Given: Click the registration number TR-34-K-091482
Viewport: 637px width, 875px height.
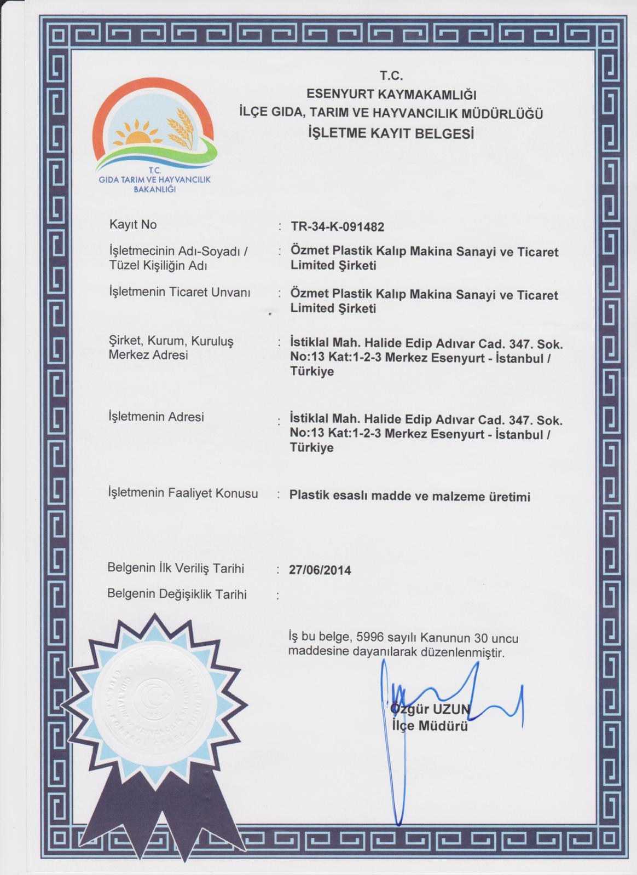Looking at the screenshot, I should (337, 226).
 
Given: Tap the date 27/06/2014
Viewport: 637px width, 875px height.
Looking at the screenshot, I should (320, 570).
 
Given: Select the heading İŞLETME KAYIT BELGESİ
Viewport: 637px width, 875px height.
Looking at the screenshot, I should (391, 133).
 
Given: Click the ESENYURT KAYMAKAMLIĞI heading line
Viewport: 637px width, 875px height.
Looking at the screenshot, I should (391, 95).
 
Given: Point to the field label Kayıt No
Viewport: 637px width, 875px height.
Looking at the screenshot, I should (133, 224).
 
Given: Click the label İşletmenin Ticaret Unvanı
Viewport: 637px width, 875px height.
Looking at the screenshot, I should (180, 292).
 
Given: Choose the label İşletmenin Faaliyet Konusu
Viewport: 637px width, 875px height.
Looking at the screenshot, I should (183, 493).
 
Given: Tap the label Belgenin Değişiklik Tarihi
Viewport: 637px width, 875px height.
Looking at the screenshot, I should (177, 594).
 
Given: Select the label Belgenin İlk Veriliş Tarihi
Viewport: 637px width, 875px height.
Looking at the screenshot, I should (176, 568).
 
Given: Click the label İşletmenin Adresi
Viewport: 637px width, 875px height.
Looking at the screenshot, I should (157, 417).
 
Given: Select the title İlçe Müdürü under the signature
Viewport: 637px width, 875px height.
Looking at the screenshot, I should (430, 726).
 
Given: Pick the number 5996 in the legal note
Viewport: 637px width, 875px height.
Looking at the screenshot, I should (370, 638).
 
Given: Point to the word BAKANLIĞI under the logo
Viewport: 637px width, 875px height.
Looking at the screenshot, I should (154, 189).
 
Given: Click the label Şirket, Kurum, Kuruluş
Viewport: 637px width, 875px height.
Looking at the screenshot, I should (171, 341).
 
